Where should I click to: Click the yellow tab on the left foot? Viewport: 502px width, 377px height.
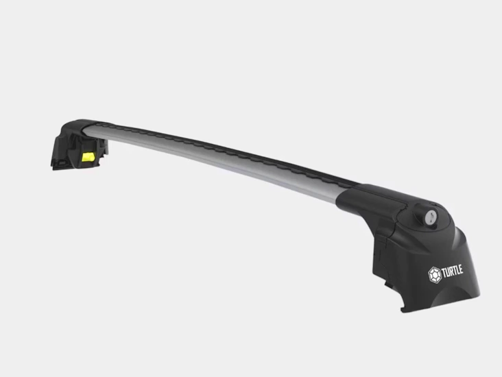(88, 157)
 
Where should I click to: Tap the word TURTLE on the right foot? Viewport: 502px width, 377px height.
(452, 271)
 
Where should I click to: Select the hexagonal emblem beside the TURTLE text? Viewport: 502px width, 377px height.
(435, 275)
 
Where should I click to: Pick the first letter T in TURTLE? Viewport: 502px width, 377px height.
(444, 273)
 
